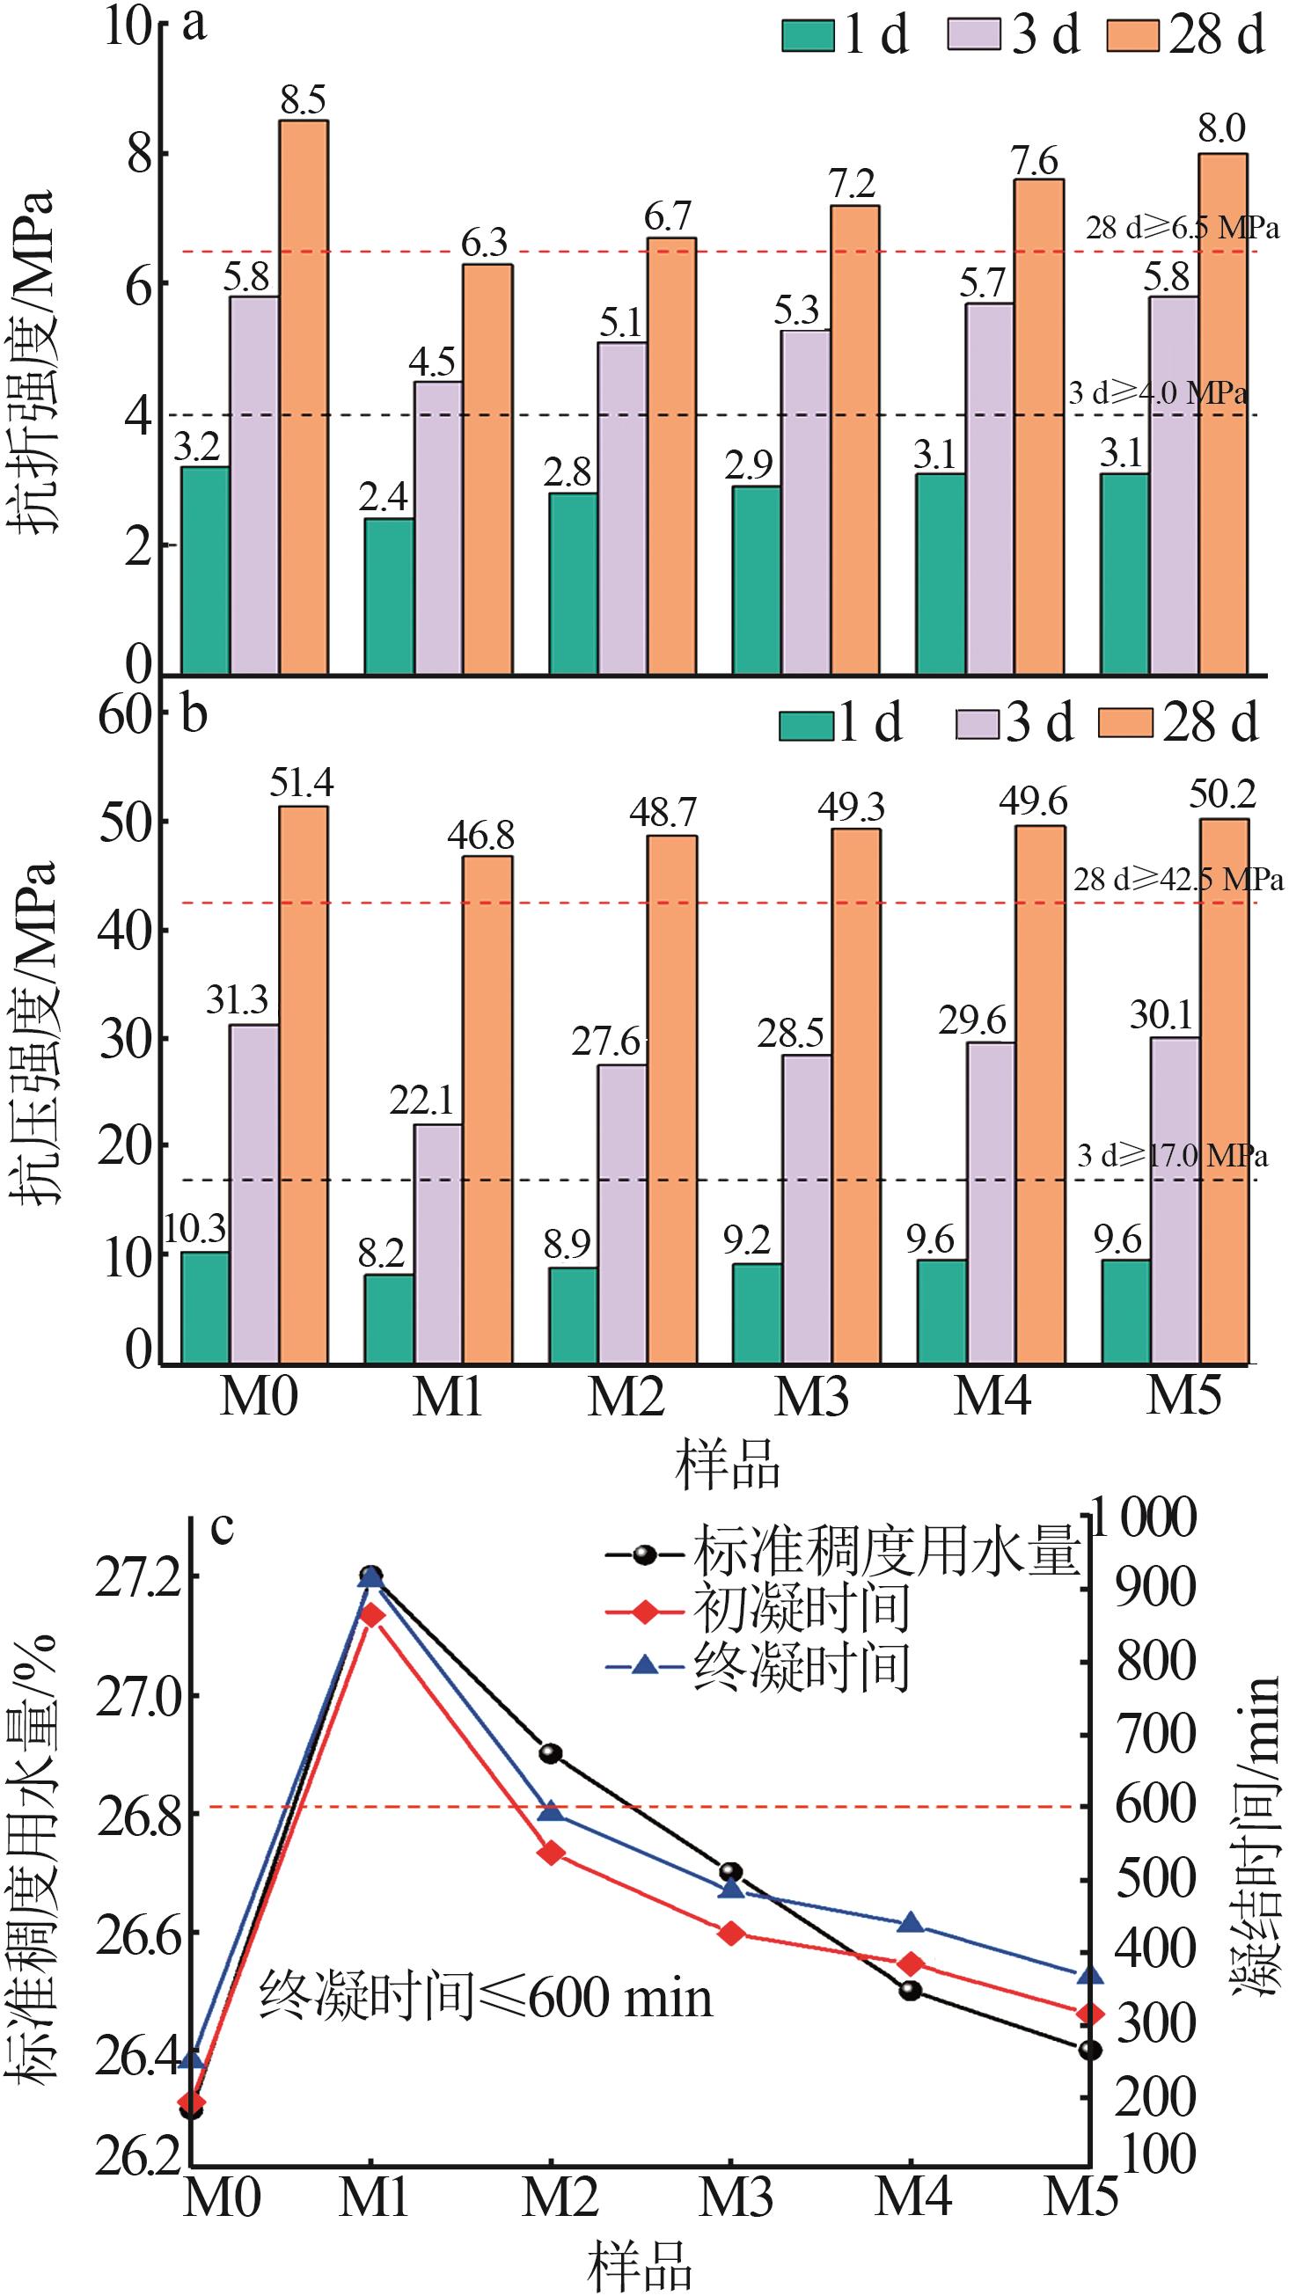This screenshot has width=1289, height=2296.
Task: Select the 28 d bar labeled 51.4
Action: pos(303,1083)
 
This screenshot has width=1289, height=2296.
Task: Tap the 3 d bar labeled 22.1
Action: pos(437,1242)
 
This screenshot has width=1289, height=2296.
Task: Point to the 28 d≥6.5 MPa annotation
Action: pos(1182,228)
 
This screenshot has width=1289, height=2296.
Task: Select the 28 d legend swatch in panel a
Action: pos(1132,38)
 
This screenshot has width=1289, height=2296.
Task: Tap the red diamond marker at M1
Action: pos(372,1616)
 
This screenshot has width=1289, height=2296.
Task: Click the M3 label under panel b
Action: pos(811,1397)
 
